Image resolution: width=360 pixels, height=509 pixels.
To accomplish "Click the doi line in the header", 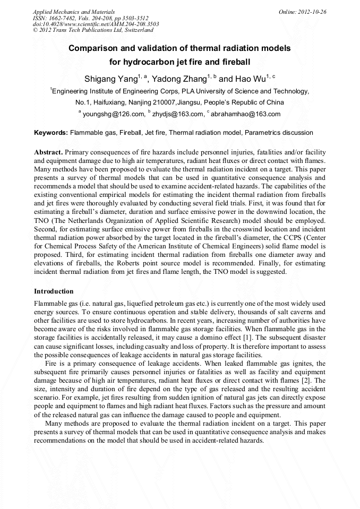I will [x=96, y=24].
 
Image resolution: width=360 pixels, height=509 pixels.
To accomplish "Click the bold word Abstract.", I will [x=48, y=152].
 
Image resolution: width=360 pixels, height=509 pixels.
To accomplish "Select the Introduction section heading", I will [x=54, y=291].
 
